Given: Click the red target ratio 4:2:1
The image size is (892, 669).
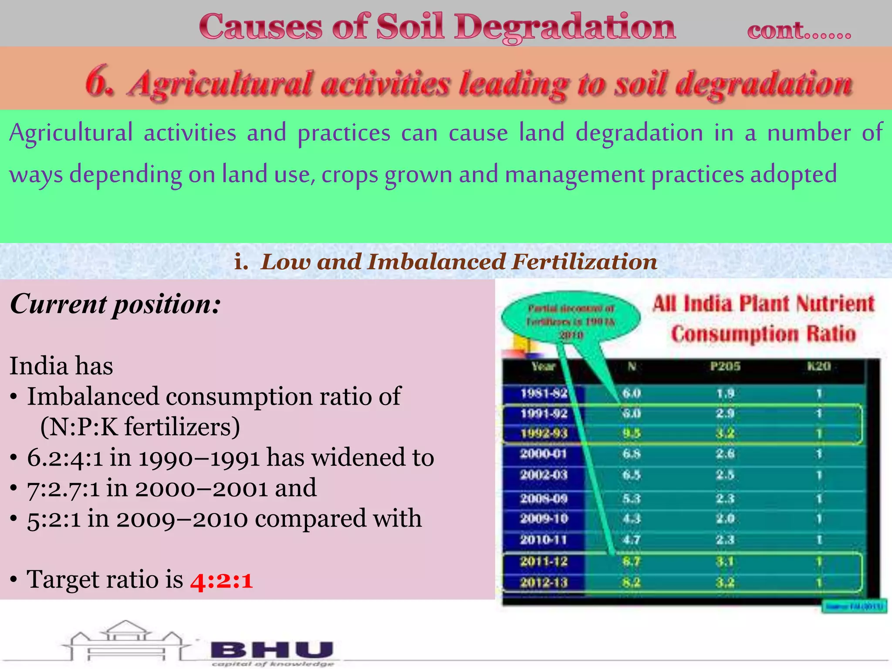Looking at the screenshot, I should coord(221,581).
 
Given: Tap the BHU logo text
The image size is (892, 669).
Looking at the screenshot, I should coord(273,651).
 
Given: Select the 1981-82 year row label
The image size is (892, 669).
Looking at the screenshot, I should coord(544,393).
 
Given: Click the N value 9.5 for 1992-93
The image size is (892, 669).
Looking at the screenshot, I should coord(631,433).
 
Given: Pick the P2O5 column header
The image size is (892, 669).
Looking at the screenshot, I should coord(725,366).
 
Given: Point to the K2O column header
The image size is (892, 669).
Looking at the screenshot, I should coord(818,366).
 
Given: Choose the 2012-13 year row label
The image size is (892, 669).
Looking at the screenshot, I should coord(544,582).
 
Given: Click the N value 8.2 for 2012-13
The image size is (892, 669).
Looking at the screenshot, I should coord(631,582).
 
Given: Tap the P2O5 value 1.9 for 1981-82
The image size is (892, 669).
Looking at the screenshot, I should coord(725,394).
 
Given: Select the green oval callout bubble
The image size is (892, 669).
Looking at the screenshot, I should coord(571,321).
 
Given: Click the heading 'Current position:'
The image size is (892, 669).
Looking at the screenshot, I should coord(115,304).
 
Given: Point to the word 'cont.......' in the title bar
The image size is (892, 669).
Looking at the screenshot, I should coord(799,30).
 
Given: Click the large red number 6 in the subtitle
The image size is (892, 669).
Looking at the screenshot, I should coord(99,81).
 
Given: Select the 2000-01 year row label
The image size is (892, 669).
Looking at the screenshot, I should coord(544,454).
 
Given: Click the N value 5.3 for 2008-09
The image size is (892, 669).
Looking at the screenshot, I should coord(631,498).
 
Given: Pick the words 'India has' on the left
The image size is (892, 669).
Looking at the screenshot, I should coord(61,366).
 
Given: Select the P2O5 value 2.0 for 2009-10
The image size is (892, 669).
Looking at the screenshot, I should coord(725,519).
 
